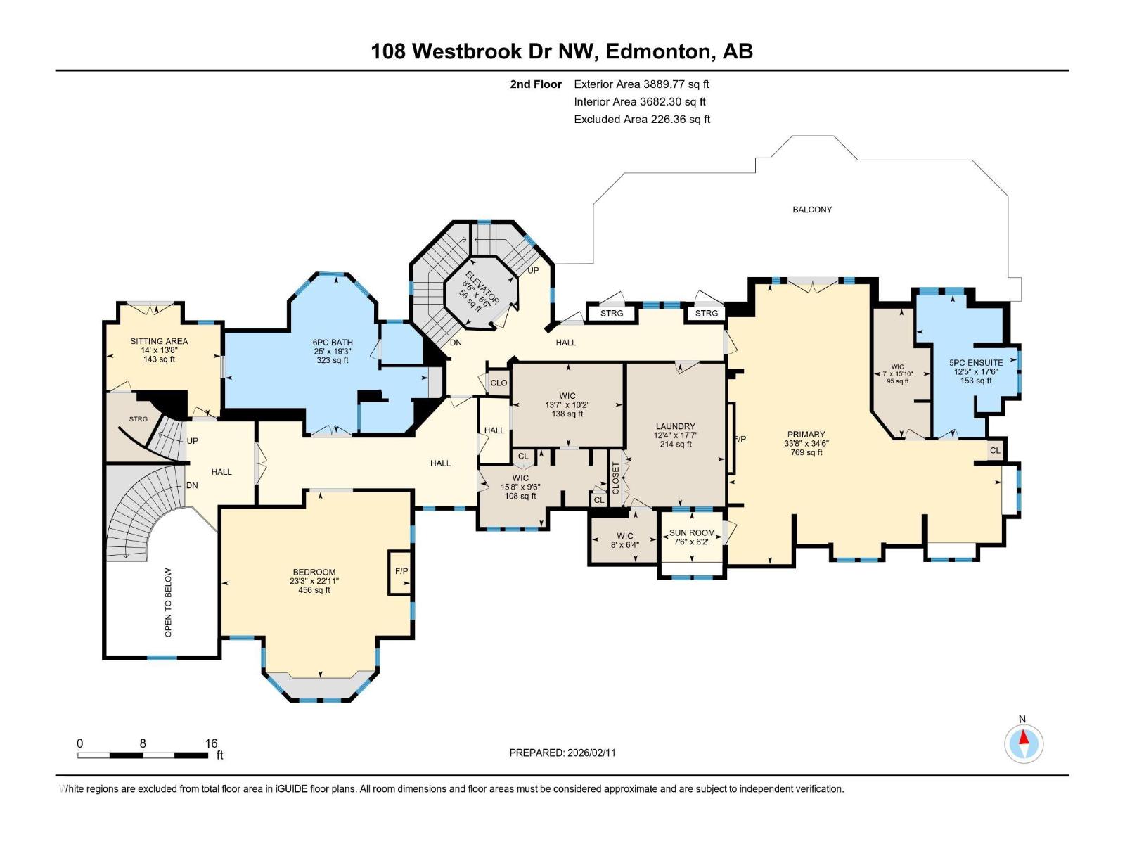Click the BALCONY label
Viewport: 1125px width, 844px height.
[812, 210]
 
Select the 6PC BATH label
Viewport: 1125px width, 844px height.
[333, 343]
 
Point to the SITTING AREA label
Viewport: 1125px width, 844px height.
[159, 341]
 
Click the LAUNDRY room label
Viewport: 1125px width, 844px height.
[675, 426]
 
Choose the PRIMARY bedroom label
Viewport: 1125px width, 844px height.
[806, 435]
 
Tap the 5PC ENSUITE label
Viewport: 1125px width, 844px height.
[976, 363]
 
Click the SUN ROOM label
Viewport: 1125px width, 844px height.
[692, 533]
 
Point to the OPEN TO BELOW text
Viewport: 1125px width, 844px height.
[168, 603]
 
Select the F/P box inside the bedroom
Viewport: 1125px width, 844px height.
[401, 571]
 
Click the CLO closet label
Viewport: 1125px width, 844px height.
[499, 383]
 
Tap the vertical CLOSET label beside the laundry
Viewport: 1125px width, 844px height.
[616, 478]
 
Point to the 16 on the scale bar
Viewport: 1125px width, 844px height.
[211, 743]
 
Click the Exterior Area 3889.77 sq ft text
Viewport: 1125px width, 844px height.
[641, 84]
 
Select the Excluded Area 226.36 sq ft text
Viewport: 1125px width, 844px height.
[642, 120]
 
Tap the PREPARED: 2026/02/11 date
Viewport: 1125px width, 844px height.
[562, 753]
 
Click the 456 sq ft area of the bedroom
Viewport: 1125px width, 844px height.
[314, 590]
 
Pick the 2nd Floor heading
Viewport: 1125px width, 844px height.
[536, 84]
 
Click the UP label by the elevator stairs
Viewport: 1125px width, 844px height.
[533, 270]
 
